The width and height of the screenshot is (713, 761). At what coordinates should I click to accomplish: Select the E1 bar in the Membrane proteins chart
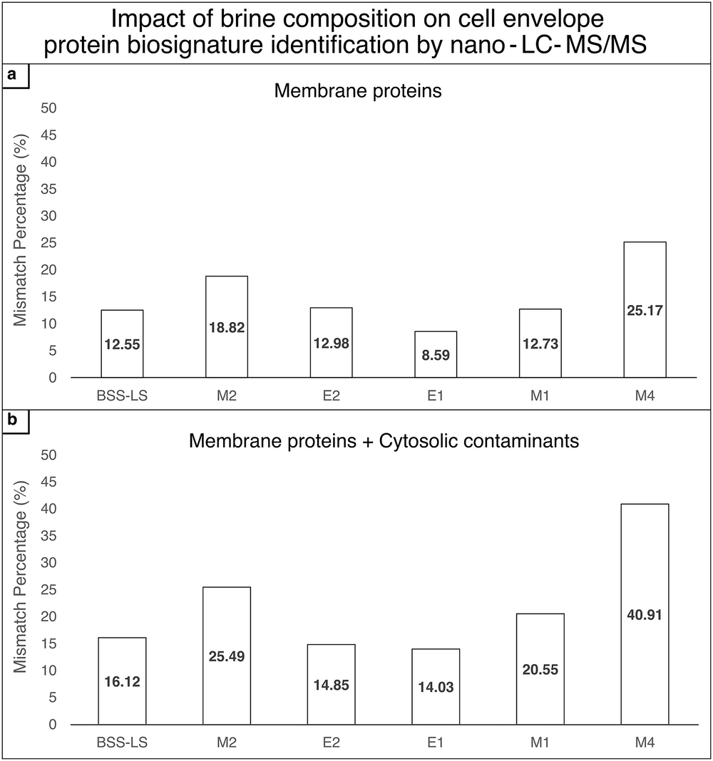[436, 354]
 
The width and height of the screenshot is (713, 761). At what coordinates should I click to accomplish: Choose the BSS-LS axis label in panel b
[122, 742]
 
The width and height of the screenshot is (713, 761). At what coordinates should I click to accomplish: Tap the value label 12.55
[122, 344]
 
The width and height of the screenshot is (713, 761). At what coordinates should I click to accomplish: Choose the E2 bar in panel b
[331, 684]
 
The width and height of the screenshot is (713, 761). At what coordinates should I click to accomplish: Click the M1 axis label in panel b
[540, 742]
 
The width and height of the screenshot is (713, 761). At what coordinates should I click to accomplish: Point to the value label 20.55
[540, 669]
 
